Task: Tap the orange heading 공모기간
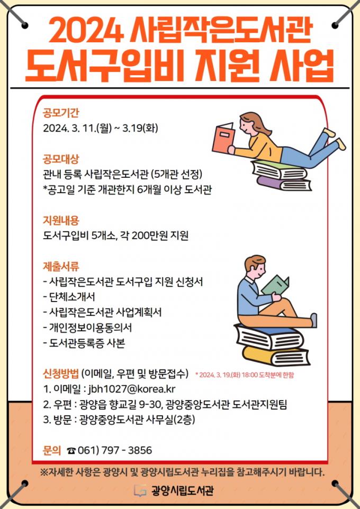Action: coord(61,113)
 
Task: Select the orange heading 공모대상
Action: coord(61,159)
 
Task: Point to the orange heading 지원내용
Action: coord(61,221)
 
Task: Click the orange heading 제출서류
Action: coord(61,267)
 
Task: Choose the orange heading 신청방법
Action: coord(61,374)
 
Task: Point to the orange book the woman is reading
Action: coord(223,138)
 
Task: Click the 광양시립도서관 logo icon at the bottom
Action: coord(140,490)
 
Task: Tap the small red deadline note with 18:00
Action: coord(245,375)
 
